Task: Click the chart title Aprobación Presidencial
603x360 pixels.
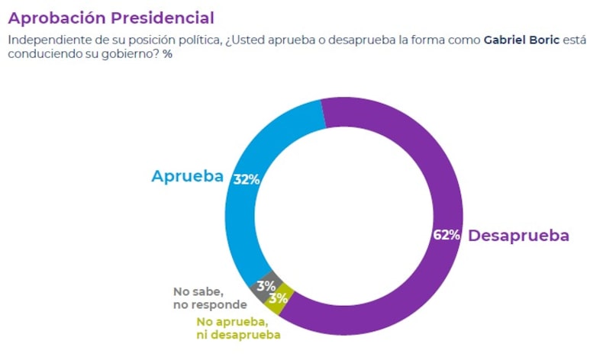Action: point(111,18)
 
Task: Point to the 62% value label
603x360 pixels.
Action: point(446,235)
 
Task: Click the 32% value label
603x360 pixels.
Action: point(247,180)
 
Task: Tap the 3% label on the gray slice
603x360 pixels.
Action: point(265,286)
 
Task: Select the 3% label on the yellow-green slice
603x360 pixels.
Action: point(278,298)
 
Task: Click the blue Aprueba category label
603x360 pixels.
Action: point(187,176)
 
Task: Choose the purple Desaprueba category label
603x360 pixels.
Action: point(518,236)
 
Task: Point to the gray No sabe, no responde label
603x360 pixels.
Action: point(210,298)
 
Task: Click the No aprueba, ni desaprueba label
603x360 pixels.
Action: point(238,328)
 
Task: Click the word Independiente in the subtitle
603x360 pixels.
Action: point(45,40)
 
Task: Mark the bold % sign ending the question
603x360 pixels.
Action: point(167,55)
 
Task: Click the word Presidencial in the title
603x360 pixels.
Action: point(163,18)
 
